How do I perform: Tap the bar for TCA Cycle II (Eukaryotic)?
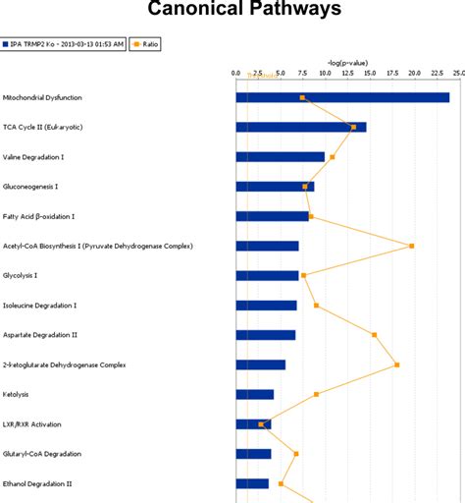click(300, 127)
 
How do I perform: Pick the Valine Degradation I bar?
click(280, 156)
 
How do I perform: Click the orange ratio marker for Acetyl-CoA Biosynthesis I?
click(411, 246)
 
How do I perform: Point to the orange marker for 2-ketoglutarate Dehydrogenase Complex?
click(397, 364)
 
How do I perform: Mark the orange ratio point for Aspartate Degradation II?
click(374, 334)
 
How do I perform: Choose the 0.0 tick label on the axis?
click(236, 73)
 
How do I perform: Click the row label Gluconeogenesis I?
click(30, 187)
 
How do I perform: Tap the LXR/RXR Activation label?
click(32, 424)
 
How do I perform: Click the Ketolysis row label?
click(17, 394)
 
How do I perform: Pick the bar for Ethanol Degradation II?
click(252, 483)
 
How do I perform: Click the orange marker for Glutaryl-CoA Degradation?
click(295, 454)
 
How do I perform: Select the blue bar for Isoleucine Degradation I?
click(266, 306)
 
